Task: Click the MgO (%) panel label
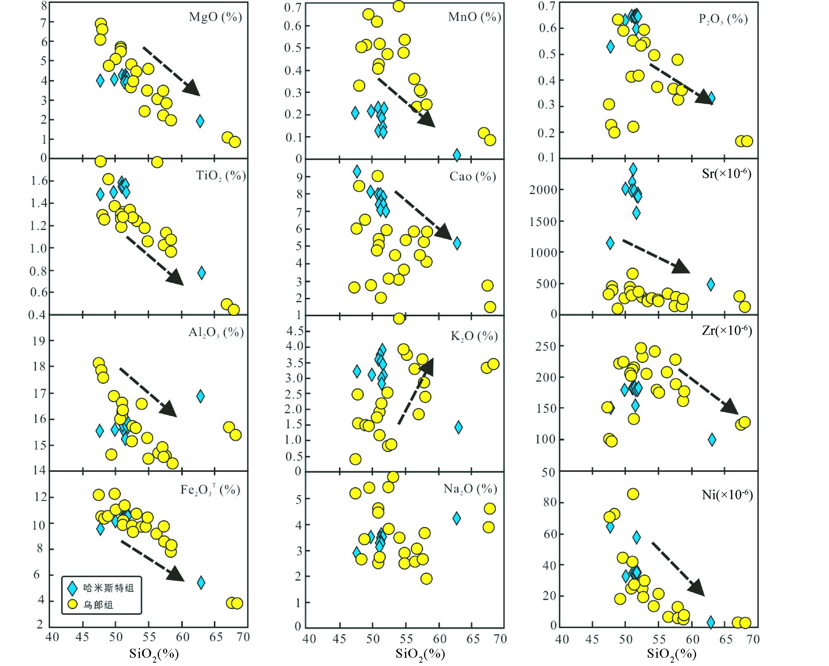[x=215, y=17]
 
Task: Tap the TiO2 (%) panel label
[x=220, y=176]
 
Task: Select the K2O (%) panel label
[x=474, y=336]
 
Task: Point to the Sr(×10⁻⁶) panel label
[x=726, y=173]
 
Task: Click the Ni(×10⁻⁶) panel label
[x=727, y=494]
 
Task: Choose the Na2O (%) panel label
[x=470, y=489]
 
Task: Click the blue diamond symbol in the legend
[x=73, y=588]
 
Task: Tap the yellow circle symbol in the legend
[x=73, y=604]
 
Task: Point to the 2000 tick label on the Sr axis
[x=543, y=190]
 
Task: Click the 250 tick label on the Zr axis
[x=546, y=346]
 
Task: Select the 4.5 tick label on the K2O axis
[x=295, y=331]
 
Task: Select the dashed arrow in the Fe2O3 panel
[x=152, y=561]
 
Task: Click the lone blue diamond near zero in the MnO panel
[x=457, y=155]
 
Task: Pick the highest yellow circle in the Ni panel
[x=633, y=494]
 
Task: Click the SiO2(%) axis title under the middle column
[x=420, y=654]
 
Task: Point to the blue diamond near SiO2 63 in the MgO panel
[x=200, y=121]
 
